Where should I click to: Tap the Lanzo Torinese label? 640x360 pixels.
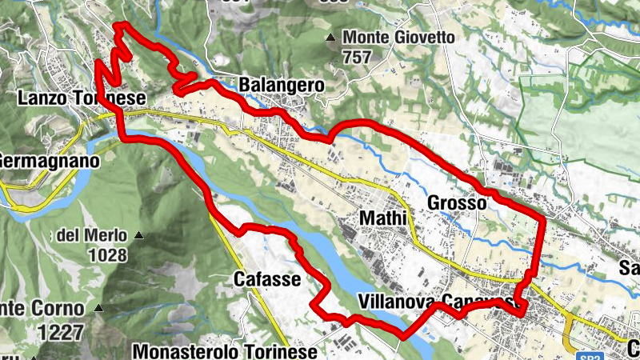pyautogui.click(x=80, y=98)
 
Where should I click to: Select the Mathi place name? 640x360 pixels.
pyautogui.click(x=384, y=218)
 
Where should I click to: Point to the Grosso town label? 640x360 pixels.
pyautogui.click(x=457, y=203)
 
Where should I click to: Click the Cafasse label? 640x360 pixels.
pyautogui.click(x=267, y=279)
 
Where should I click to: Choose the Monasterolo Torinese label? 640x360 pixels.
pyautogui.click(x=226, y=350)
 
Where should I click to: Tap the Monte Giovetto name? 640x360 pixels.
pyautogui.click(x=398, y=38)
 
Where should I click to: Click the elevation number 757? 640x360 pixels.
pyautogui.click(x=357, y=58)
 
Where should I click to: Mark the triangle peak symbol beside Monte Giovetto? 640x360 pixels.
pyautogui.click(x=330, y=38)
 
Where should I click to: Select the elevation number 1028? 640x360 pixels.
pyautogui.click(x=109, y=256)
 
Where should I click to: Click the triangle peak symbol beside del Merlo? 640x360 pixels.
pyautogui.click(x=138, y=235)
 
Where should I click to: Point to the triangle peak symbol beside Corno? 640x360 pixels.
pyautogui.click(x=98, y=307)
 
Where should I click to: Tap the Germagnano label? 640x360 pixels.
pyautogui.click(x=50, y=161)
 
